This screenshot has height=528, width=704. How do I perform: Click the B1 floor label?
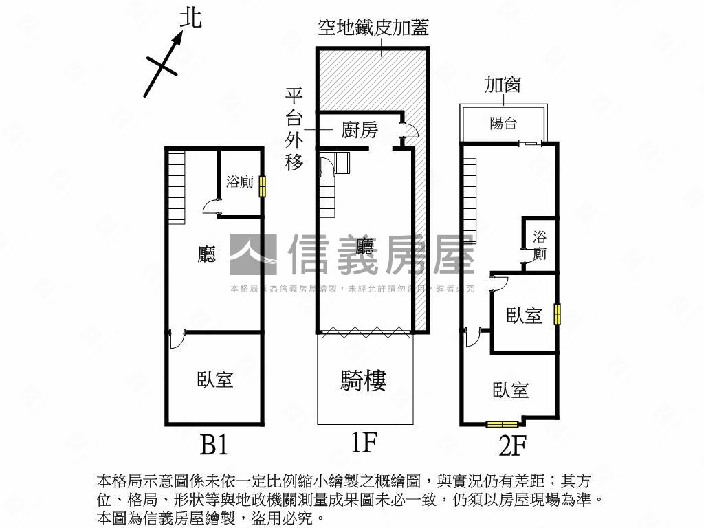pyautogui.click(x=214, y=446)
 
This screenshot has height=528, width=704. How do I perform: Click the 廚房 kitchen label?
pyautogui.click(x=360, y=130)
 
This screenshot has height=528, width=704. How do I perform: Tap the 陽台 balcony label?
pyautogui.click(x=503, y=123)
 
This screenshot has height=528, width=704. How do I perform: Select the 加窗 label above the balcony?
pyautogui.click(x=503, y=85)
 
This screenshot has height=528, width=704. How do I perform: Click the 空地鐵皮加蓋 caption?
pyautogui.click(x=373, y=27)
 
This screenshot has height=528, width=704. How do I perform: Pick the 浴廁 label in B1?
pyautogui.click(x=239, y=182)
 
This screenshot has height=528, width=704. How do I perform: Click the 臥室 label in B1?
pyautogui.click(x=214, y=379)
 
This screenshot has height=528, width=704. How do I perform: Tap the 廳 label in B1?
pyautogui.click(x=206, y=255)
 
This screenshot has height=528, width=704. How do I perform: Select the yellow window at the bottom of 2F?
pyautogui.click(x=502, y=423)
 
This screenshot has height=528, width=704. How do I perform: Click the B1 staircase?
pyautogui.click(x=177, y=187)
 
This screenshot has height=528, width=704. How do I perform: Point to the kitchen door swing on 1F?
pyautogui.click(x=406, y=131)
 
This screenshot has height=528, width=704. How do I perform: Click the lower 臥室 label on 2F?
pyautogui.click(x=511, y=390)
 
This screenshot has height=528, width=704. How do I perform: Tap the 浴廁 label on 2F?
pyautogui.click(x=540, y=245)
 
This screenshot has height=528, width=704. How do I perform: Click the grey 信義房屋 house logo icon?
pyautogui.click(x=253, y=254)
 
